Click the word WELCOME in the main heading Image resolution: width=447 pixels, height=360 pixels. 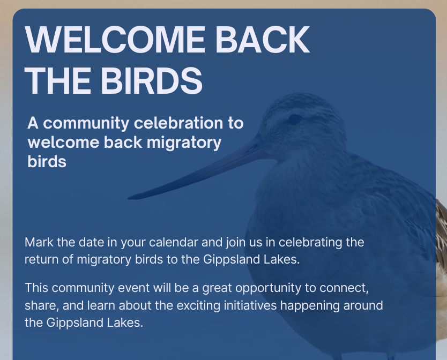pyautogui.click(x=115, y=39)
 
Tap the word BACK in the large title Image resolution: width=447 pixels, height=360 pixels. pyautogui.click(x=263, y=39)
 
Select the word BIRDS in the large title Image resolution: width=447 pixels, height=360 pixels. pyautogui.click(x=151, y=81)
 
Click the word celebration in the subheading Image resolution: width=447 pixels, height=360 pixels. pyautogui.click(x=178, y=123)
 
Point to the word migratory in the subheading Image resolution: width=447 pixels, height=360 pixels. pyautogui.click(x=184, y=143)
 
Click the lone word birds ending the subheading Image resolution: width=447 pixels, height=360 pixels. pyautogui.click(x=47, y=162)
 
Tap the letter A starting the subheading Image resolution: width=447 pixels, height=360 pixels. pyautogui.click(x=33, y=123)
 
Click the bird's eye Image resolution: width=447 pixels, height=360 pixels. pyautogui.click(x=295, y=118)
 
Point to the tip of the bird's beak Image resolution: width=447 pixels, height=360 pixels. pyautogui.click(x=129, y=198)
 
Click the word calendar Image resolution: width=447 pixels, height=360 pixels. pyautogui.click(x=173, y=242)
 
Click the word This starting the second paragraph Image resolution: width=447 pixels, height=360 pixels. pyautogui.click(x=36, y=288)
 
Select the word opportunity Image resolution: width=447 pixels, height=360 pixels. pyautogui.click(x=268, y=288)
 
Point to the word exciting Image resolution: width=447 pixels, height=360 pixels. pyautogui.click(x=198, y=306)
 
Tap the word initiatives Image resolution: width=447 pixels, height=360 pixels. pyautogui.click(x=250, y=305)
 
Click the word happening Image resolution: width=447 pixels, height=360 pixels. pyautogui.click(x=310, y=306)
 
